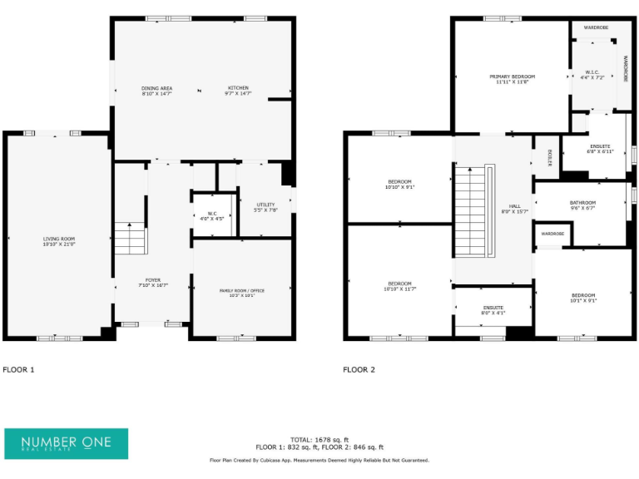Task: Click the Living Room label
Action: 59,241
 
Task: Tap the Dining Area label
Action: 156,91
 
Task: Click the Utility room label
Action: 265,207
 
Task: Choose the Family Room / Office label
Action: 241,292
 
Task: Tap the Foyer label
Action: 152,283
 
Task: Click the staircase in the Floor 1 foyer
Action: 130,239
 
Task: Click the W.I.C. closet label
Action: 592,73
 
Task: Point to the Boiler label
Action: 549,157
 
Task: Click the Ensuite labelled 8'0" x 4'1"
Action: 493,310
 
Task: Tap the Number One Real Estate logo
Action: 66,443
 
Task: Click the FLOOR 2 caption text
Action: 359,369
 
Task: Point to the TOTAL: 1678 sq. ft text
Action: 319,439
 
